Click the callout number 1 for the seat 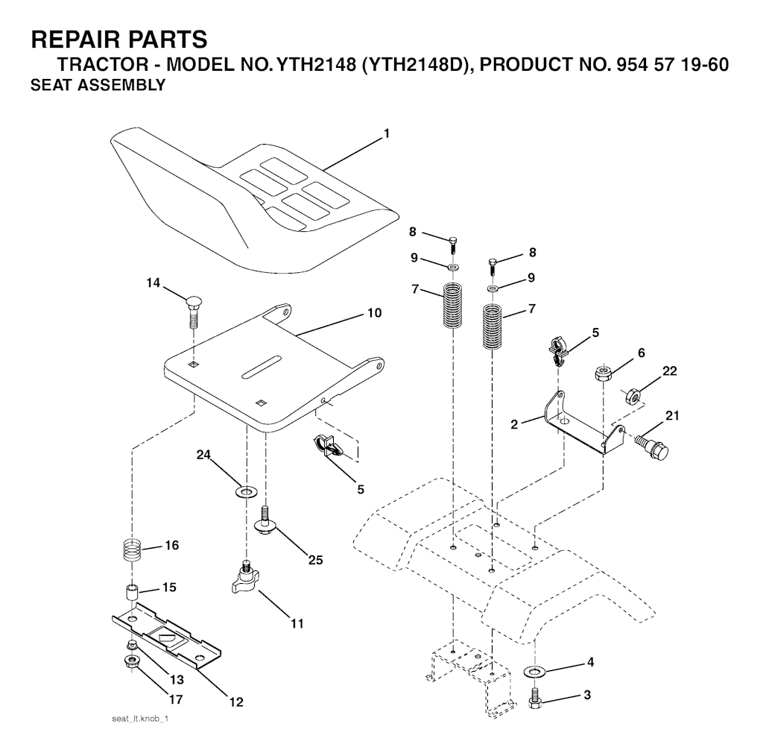(387, 133)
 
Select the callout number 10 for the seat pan (374, 312)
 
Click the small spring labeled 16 (131, 549)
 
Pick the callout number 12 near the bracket (236, 702)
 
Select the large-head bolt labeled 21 (652, 446)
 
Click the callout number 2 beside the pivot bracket (514, 424)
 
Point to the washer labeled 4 (534, 672)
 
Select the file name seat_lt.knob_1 (140, 719)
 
